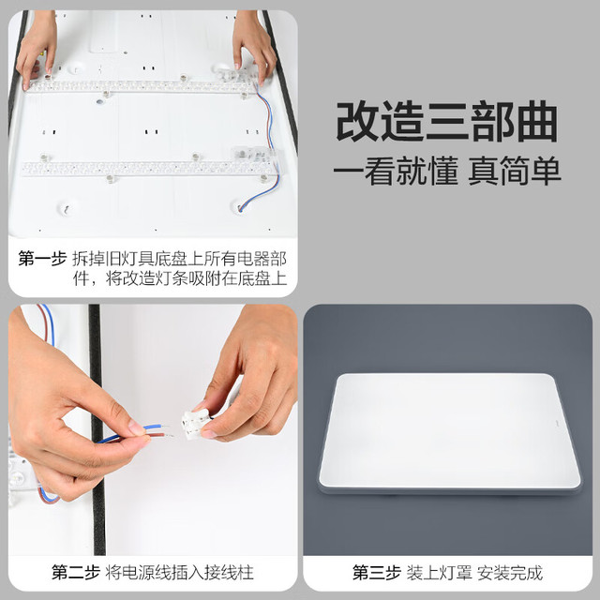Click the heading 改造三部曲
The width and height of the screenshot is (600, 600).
(446, 123)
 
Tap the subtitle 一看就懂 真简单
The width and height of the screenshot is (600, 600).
(447, 171)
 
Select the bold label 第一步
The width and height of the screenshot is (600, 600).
(42, 259)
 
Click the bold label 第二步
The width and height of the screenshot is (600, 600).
(76, 573)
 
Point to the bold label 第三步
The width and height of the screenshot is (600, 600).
(377, 573)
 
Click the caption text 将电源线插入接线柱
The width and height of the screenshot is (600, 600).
(179, 573)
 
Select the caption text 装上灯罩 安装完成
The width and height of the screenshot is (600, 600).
(474, 573)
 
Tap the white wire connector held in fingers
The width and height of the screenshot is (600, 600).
(196, 424)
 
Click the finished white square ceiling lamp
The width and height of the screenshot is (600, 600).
(450, 433)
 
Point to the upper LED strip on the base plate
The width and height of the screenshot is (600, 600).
(140, 86)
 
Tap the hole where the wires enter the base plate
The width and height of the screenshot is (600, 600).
(239, 207)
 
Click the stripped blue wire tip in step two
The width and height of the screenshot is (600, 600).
(163, 426)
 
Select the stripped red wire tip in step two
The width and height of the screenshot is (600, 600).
(169, 435)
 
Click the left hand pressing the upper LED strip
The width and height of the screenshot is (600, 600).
(37, 50)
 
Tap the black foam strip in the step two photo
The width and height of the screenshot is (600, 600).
(97, 429)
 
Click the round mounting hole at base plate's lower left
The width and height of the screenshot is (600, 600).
(66, 208)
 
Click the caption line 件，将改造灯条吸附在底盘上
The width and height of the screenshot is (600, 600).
(180, 278)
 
